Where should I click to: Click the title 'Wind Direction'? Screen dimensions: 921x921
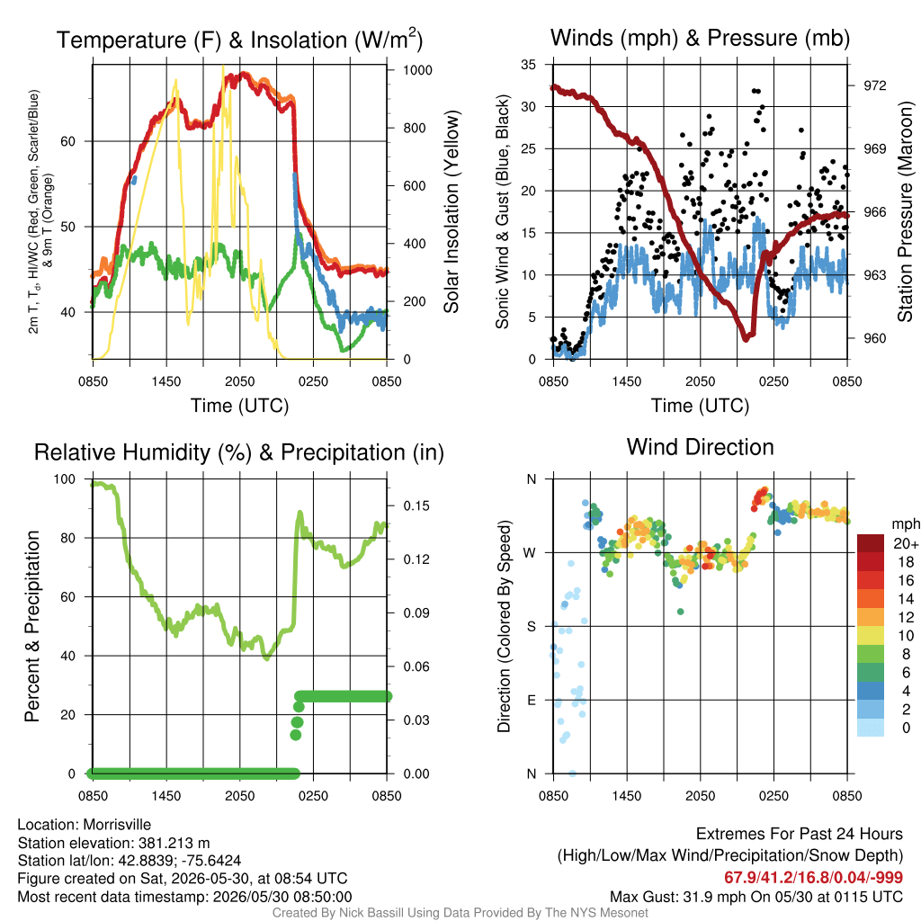(x=700, y=447)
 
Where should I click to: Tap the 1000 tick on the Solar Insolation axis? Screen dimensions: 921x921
(x=417, y=70)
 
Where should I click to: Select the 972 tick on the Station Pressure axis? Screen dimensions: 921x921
(x=874, y=85)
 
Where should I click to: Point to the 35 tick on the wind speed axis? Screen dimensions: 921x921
(x=528, y=65)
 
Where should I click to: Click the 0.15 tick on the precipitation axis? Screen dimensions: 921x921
(x=416, y=505)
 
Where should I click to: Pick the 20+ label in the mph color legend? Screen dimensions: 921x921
(x=906, y=543)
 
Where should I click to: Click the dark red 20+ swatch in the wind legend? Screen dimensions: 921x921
(x=870, y=543)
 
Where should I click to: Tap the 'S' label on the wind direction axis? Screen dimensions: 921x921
(x=531, y=626)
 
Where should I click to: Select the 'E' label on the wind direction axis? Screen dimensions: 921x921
(x=531, y=700)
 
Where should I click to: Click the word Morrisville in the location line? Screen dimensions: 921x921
(x=117, y=825)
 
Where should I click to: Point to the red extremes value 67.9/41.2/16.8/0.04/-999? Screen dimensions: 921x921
(x=813, y=878)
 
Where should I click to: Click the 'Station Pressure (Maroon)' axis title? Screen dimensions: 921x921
(x=905, y=211)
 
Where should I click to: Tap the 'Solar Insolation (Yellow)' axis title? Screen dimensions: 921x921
(x=452, y=211)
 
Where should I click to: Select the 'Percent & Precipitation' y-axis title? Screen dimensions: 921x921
(x=31, y=626)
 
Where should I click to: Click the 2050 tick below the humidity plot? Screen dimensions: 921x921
(x=239, y=796)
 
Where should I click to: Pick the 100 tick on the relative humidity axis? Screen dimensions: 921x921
(x=65, y=479)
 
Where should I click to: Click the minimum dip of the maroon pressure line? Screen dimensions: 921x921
(x=746, y=338)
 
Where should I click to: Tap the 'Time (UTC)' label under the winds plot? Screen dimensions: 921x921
(x=700, y=406)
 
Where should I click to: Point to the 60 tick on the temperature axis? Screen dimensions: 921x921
(x=68, y=141)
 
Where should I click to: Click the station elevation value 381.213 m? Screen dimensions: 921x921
(x=174, y=843)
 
